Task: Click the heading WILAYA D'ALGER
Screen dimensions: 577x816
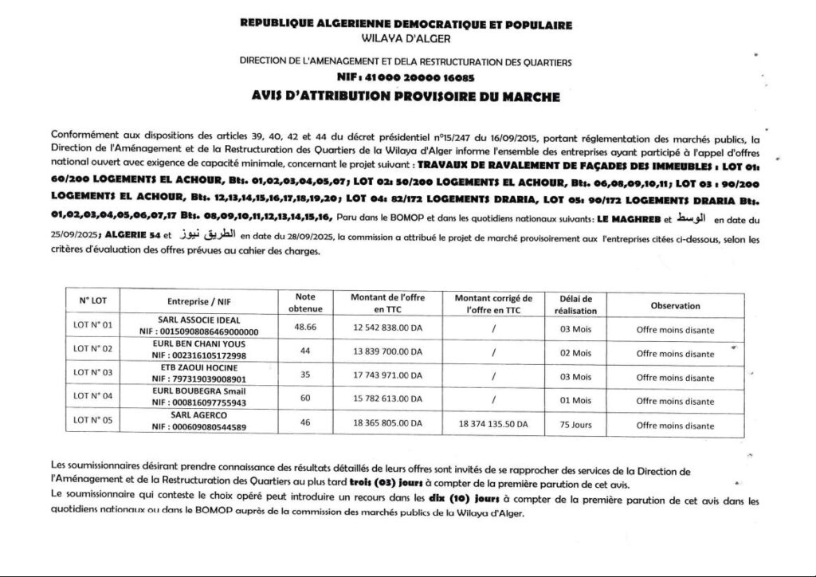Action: tap(406, 37)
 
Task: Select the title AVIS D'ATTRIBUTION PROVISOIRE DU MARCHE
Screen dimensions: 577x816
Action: tap(406, 97)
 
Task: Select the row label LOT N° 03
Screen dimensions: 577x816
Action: tap(93, 372)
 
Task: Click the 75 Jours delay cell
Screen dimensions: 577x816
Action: tap(575, 425)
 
